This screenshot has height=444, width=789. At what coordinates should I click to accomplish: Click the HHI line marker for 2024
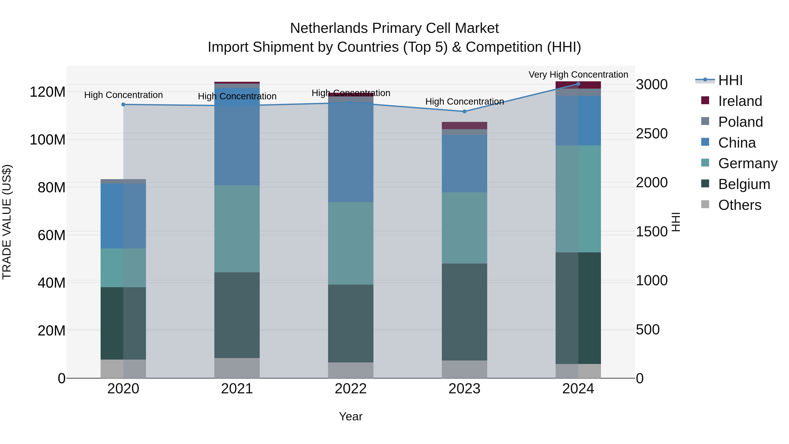click(578, 84)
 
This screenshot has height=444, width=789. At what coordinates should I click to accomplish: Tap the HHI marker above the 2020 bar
click(123, 105)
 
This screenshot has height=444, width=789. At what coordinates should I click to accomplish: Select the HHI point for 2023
click(464, 112)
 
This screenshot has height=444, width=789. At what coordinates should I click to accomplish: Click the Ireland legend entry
click(740, 101)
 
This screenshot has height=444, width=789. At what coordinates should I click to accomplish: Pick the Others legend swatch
click(705, 204)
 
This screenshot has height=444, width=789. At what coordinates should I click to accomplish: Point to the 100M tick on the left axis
click(48, 140)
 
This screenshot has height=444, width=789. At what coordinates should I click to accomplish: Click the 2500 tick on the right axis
click(652, 134)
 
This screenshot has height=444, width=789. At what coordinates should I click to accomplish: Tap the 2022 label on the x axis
click(350, 389)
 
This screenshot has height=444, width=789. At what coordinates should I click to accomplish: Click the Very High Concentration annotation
click(578, 75)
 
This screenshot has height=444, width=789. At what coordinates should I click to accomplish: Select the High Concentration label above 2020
click(123, 95)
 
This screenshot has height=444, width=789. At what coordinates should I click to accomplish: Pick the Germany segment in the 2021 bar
click(237, 229)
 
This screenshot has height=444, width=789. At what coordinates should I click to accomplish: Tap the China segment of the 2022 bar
click(350, 152)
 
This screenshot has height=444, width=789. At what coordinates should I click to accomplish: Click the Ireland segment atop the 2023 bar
click(464, 125)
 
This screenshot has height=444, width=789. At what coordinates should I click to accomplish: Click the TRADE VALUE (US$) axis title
click(7, 222)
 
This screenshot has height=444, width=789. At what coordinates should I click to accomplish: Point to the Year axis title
click(350, 416)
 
